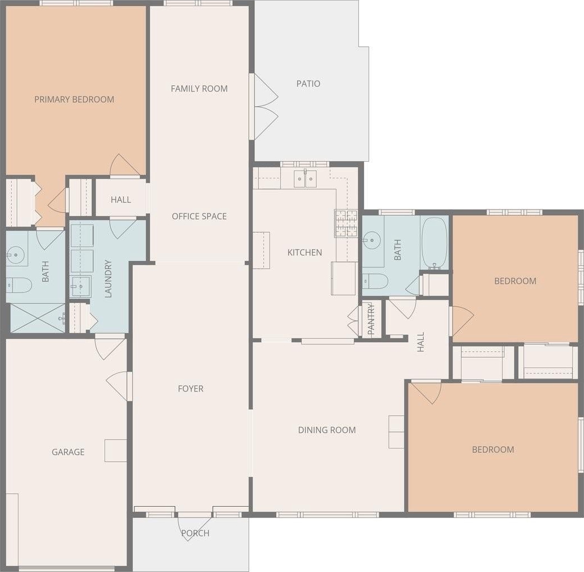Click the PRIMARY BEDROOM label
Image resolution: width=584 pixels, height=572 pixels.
74,99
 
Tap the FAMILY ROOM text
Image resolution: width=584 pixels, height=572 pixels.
199,89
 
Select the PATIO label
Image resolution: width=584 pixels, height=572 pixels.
308,83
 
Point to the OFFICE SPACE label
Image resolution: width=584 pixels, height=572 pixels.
199,216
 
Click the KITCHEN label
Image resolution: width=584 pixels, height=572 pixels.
305,252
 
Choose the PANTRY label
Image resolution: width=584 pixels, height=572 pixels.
371,319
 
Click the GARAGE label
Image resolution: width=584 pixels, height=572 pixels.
68,452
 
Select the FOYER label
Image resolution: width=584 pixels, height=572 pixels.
191,389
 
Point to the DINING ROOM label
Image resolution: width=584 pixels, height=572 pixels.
327,430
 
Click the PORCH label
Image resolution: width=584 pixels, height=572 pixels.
195,533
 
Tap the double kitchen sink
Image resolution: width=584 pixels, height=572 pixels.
306,179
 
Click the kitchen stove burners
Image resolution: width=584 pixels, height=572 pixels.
346,223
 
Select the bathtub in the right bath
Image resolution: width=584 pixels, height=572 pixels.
434,243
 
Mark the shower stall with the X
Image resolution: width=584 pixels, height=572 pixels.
38,318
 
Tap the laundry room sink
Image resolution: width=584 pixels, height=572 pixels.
81,287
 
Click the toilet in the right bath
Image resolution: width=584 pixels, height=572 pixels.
375,281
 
